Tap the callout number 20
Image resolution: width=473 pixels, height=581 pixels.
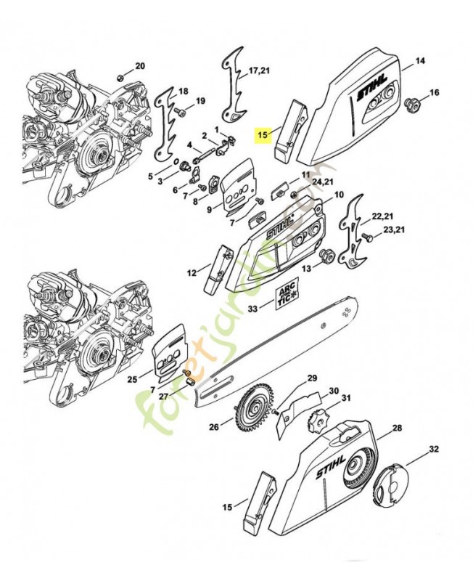click(140, 66)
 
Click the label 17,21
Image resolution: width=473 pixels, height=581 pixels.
click(259, 71)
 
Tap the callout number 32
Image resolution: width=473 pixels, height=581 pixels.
click(433, 450)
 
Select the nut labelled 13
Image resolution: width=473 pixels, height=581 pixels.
click(326, 255)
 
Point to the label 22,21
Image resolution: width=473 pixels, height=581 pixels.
click(382, 217)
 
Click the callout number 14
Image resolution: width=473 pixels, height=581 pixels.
click(420, 60)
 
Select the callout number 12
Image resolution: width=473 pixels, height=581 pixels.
click(192, 273)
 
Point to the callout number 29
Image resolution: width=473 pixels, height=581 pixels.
click(312, 378)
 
